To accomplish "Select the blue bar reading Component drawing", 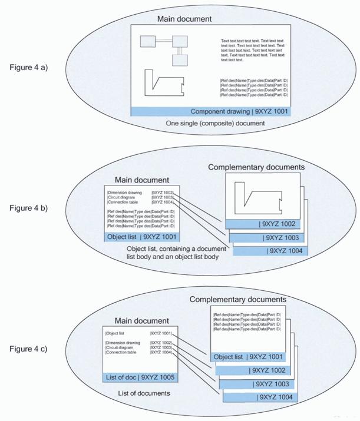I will [212, 111].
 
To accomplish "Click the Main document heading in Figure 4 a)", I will [184, 19].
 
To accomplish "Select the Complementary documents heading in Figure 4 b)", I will [256, 167].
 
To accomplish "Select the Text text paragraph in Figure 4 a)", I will [252, 50].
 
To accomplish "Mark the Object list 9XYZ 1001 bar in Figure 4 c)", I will [247, 356].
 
